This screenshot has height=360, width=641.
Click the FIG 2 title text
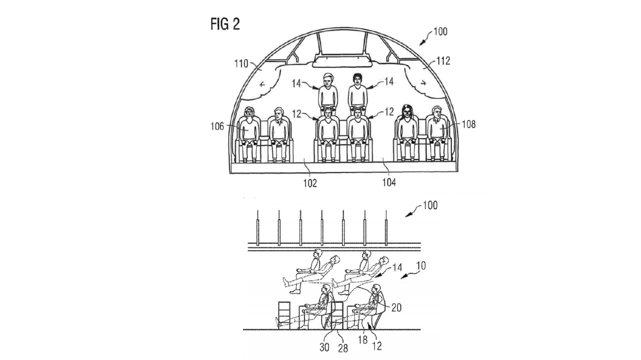tap(225, 24)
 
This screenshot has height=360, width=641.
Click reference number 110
tap(242, 63)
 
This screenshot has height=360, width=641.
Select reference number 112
tap(443, 61)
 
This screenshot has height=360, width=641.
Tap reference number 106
tap(217, 127)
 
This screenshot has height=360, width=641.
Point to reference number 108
tap(468, 124)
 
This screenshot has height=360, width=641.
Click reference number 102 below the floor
tap(310, 183)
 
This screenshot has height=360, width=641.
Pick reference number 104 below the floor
tap(389, 183)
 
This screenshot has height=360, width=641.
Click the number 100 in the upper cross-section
tap(440, 32)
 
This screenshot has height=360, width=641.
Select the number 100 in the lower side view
tap(430, 205)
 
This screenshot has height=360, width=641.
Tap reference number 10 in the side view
tap(422, 266)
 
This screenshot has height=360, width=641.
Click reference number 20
tap(396, 307)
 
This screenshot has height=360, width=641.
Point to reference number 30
tap(324, 347)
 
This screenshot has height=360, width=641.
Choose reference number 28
tap(343, 349)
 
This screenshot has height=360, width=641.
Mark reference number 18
tap(363, 340)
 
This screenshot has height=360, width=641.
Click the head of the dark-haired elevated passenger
tap(358, 79)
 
